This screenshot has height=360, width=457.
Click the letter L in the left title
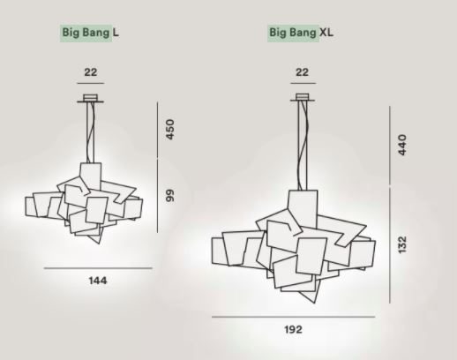[116, 32]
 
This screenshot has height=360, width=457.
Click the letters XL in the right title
[326, 32]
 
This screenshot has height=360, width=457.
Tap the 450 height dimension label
[170, 130]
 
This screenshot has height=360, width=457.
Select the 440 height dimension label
[402, 145]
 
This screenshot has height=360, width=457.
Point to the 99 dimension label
[170, 196]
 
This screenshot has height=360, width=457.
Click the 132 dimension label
[401, 244]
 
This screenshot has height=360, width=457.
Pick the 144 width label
[98, 281]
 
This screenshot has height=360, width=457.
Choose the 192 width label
[293, 329]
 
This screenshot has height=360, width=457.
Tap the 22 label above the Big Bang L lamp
[91, 72]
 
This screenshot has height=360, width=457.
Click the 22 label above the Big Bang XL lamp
[302, 72]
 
